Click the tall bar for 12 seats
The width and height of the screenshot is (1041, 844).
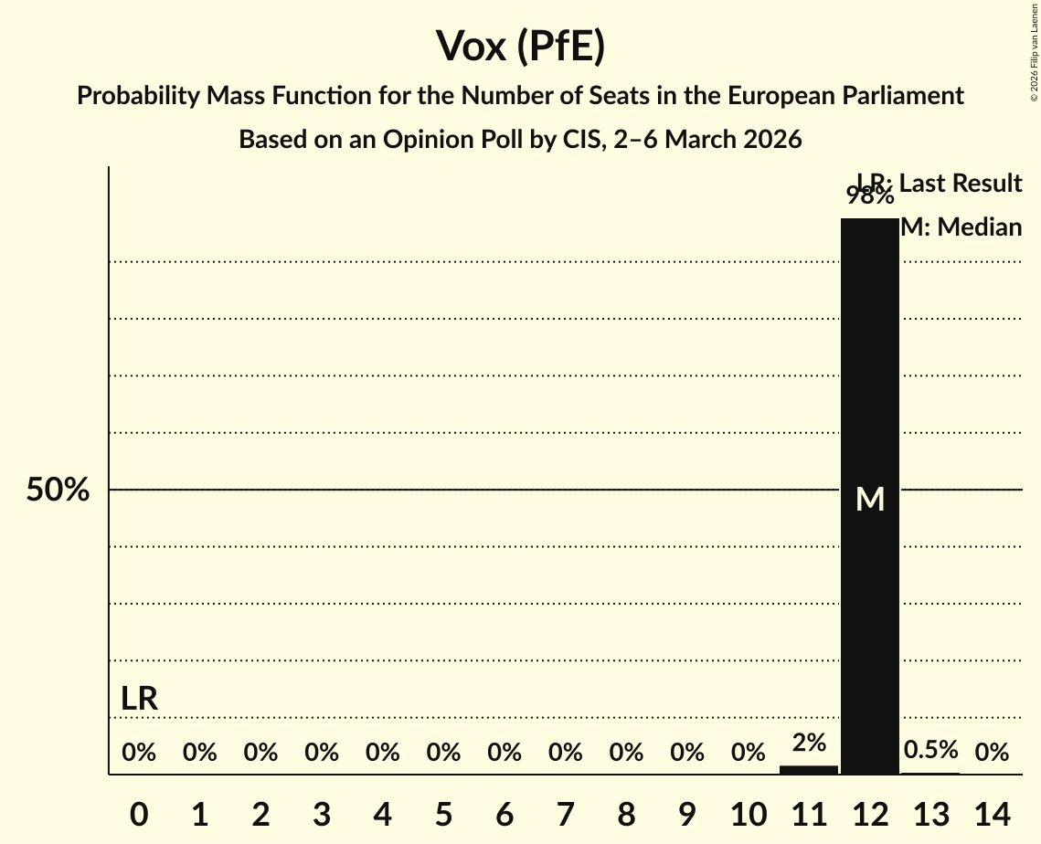click(x=869, y=365)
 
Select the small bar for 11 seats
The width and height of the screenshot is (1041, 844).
click(x=808, y=769)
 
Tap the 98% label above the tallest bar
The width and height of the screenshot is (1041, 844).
click(x=869, y=195)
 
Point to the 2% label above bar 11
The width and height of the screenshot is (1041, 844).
click(x=809, y=743)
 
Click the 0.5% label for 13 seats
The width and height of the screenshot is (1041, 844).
click(x=930, y=750)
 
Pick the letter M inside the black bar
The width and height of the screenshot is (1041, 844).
click(x=870, y=499)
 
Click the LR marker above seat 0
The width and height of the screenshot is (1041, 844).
click(x=139, y=700)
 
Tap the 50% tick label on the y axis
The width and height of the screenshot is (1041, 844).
click(x=58, y=490)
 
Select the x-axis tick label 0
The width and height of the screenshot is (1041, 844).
click(x=139, y=812)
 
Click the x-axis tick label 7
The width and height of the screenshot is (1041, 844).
click(x=566, y=812)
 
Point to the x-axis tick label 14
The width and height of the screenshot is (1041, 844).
click(x=992, y=812)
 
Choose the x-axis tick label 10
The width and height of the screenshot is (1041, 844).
click(x=748, y=812)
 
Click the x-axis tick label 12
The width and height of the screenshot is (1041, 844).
click(x=869, y=812)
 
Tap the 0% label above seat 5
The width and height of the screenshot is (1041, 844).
click(x=443, y=753)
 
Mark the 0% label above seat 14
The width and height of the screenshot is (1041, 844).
click(x=992, y=753)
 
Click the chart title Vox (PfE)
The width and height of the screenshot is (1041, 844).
click(x=520, y=47)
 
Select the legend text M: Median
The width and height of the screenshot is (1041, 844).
click(x=961, y=227)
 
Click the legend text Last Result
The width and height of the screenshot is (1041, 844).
click(x=960, y=184)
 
